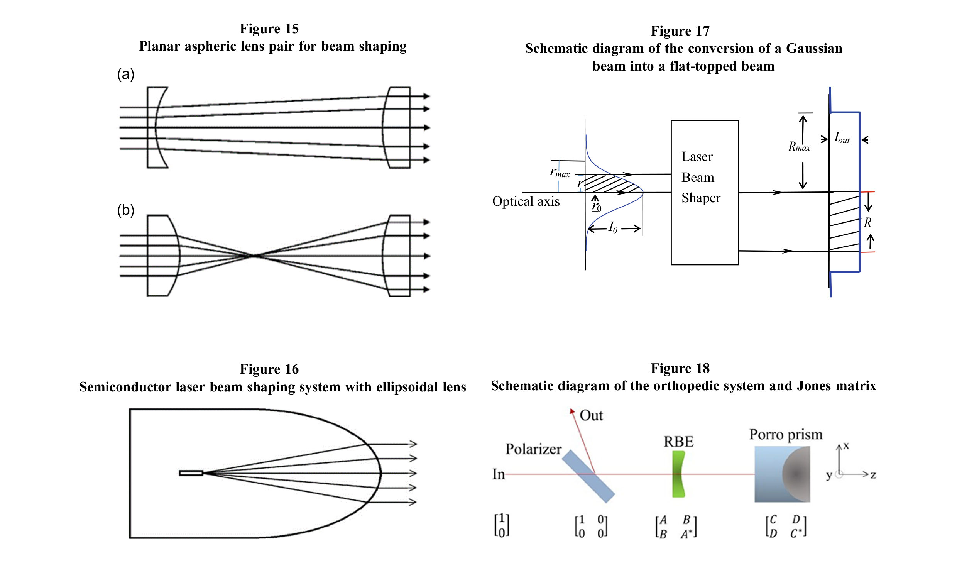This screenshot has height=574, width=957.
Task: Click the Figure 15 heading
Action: (269, 29)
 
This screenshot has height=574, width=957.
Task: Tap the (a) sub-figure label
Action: (126, 74)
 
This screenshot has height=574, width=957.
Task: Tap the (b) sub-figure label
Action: (126, 210)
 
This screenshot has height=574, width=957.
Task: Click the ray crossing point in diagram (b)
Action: (253, 256)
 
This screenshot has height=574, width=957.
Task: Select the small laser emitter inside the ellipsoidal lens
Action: (191, 472)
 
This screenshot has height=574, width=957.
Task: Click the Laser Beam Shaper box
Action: (704, 193)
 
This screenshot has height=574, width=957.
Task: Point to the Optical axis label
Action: (526, 201)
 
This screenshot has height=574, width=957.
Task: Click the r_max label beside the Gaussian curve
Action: (560, 172)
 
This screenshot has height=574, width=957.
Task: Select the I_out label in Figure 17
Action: (841, 138)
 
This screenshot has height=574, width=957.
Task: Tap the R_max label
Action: (799, 147)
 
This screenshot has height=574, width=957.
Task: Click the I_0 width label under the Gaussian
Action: (613, 227)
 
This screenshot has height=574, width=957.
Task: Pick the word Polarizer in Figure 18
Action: (533, 449)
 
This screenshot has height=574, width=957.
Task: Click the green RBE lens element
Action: (678, 474)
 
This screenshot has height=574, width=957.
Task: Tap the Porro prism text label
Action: (786, 434)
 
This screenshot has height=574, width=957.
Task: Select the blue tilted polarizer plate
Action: (588, 476)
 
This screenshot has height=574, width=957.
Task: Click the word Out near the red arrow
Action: (591, 415)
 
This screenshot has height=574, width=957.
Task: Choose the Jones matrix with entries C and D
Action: (786, 527)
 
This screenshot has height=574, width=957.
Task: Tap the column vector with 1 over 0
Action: (502, 525)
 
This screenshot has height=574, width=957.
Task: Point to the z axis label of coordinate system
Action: (873, 475)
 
